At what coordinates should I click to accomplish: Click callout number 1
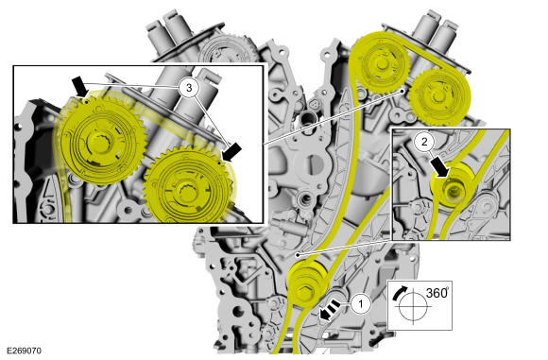tap(361, 304)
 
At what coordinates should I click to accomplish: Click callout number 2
tap(424, 142)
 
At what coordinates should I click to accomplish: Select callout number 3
tap(189, 88)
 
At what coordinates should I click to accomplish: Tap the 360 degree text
tap(437, 293)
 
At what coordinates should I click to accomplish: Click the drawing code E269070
tap(24, 351)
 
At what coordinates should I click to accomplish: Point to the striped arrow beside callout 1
tap(330, 310)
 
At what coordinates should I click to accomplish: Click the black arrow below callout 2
tap(440, 166)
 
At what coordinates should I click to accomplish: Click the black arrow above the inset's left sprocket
tap(79, 87)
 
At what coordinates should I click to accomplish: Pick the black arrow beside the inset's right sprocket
tap(231, 152)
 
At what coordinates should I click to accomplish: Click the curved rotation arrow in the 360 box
tap(399, 293)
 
